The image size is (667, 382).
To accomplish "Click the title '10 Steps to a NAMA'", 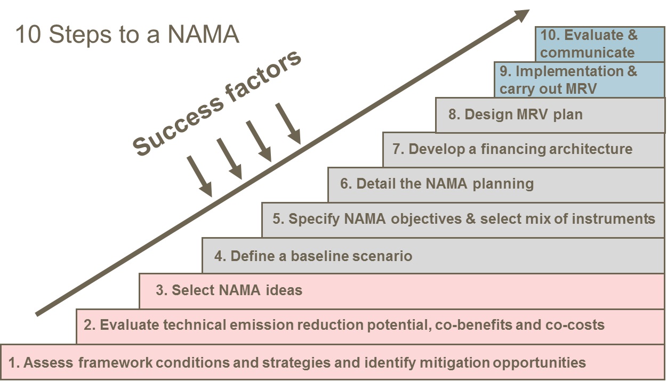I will (127, 35).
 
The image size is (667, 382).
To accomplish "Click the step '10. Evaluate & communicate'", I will (589, 44).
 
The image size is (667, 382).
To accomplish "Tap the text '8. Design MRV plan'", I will (515, 115).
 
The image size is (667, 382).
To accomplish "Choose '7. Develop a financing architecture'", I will (512, 149).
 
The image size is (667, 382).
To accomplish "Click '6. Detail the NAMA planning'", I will (437, 184).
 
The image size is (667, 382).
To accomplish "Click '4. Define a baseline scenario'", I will (313, 256).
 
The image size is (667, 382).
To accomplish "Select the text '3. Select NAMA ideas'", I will (229, 290).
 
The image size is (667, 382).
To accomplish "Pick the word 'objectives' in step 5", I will (416, 219).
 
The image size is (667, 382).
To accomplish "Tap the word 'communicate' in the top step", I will (587, 53).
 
